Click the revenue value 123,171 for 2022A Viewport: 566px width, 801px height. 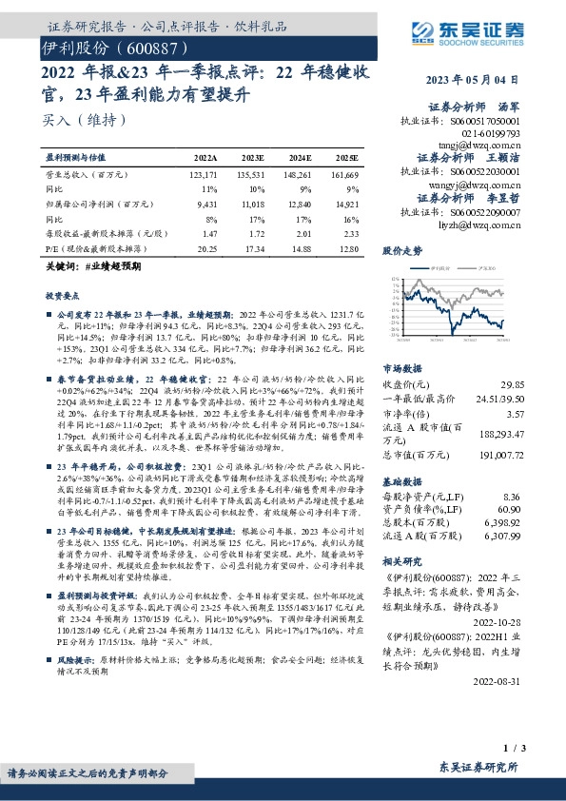click(x=204, y=175)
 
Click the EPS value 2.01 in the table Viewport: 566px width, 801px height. click(x=302, y=233)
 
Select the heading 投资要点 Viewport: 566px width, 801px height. click(x=63, y=297)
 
